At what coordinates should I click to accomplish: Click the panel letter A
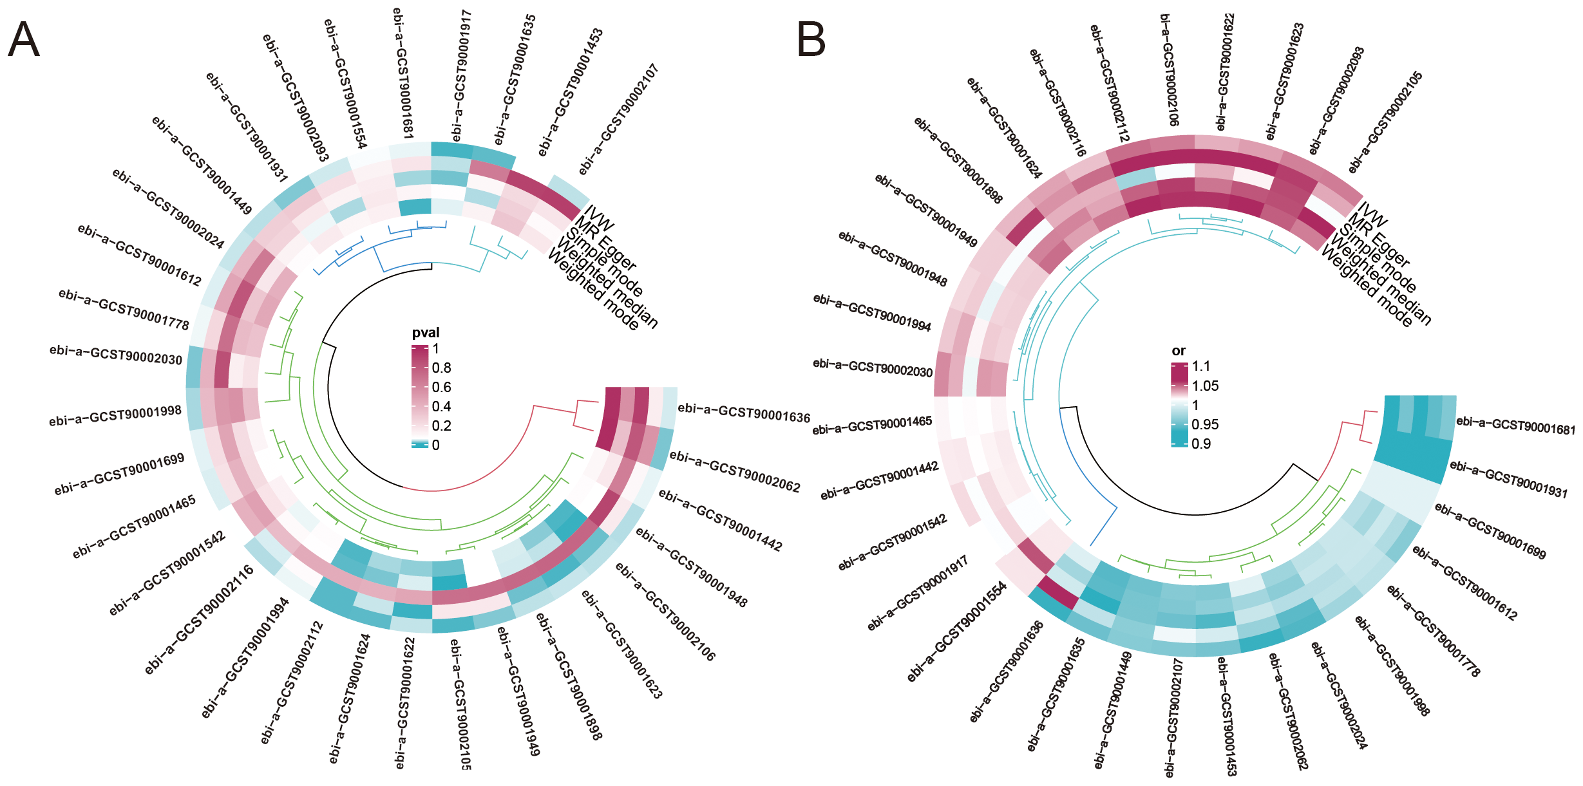(24, 40)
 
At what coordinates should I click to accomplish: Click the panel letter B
(811, 40)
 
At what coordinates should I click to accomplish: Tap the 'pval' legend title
(426, 333)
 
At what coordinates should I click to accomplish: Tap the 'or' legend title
(1178, 351)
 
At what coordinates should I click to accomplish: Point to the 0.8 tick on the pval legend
(442, 368)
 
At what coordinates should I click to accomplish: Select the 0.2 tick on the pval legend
(442, 426)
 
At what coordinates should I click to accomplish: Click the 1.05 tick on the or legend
(1205, 386)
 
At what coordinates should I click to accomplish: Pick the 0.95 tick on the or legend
(1205, 425)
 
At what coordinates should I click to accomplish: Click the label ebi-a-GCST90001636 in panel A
(744, 413)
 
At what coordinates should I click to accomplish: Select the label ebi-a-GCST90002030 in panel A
(116, 355)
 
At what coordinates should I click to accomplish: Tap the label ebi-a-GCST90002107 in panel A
(618, 119)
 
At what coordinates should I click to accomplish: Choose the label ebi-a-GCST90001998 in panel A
(115, 416)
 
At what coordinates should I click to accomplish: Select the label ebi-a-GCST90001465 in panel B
(872, 426)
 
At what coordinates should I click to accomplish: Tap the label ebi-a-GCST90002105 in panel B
(1385, 122)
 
